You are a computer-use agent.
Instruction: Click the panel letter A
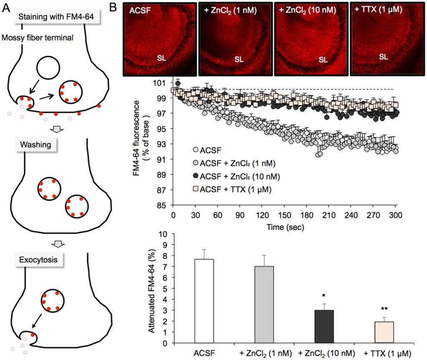click(x=6, y=7)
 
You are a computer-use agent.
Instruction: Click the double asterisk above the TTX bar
click(x=384, y=310)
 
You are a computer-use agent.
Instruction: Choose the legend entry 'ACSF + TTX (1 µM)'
click(x=236, y=189)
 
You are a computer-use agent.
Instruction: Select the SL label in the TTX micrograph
click(x=384, y=55)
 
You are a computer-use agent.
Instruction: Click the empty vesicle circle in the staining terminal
click(x=50, y=68)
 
